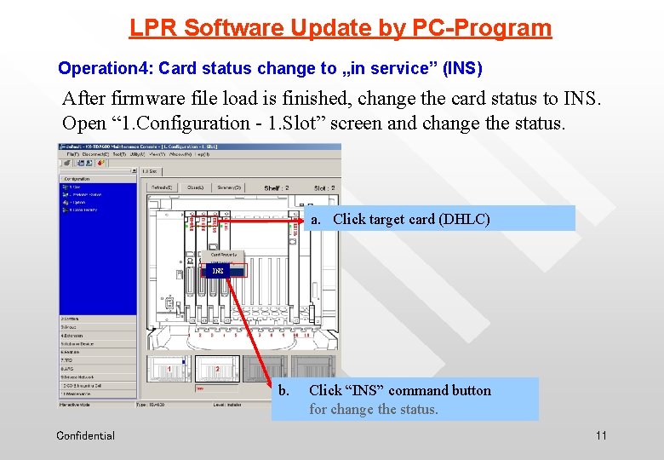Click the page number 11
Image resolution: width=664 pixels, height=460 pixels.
click(x=601, y=436)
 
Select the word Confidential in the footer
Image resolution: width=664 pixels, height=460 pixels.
click(x=85, y=436)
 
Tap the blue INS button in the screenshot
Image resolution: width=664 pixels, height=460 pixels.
click(x=218, y=271)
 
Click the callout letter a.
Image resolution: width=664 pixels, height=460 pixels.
click(x=315, y=219)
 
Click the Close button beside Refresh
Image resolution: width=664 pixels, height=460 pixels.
click(x=197, y=187)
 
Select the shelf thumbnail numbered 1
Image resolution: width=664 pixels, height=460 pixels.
click(x=169, y=369)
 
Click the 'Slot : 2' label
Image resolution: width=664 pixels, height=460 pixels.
click(x=323, y=187)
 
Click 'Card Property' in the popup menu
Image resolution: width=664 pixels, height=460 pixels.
click(x=224, y=255)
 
